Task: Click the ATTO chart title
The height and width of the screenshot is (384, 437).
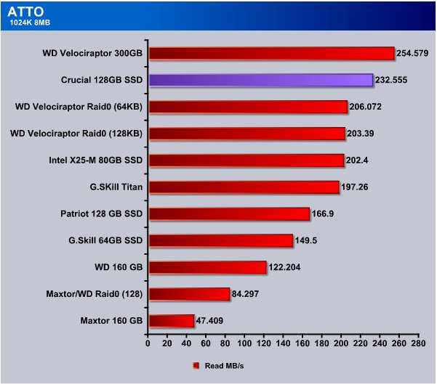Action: [25, 12]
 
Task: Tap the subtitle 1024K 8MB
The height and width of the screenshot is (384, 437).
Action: [30, 23]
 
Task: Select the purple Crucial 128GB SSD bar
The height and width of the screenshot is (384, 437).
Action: [261, 80]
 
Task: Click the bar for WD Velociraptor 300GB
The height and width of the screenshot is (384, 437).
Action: [272, 54]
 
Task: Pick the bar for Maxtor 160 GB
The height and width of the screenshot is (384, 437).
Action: [172, 321]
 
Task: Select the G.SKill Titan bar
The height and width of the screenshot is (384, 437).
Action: [244, 187]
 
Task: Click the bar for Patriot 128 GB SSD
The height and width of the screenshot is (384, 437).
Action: [229, 213]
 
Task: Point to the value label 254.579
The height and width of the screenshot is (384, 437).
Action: [412, 53]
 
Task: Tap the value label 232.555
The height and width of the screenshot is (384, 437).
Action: [391, 80]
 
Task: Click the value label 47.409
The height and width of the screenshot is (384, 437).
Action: [209, 321]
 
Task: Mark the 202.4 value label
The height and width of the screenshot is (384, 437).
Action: [357, 160]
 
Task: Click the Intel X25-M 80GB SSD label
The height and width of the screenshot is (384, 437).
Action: [95, 160]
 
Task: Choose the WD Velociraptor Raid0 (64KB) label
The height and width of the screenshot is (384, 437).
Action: [79, 107]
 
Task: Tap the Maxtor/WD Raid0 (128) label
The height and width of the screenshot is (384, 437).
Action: [95, 294]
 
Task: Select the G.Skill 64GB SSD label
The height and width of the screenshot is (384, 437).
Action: [105, 240]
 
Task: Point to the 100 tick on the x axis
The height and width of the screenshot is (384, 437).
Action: [244, 343]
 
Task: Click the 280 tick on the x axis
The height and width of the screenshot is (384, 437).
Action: [419, 343]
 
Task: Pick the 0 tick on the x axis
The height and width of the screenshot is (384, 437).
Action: [148, 343]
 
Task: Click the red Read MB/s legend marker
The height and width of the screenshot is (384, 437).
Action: [196, 366]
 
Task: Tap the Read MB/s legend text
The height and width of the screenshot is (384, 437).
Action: [224, 366]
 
